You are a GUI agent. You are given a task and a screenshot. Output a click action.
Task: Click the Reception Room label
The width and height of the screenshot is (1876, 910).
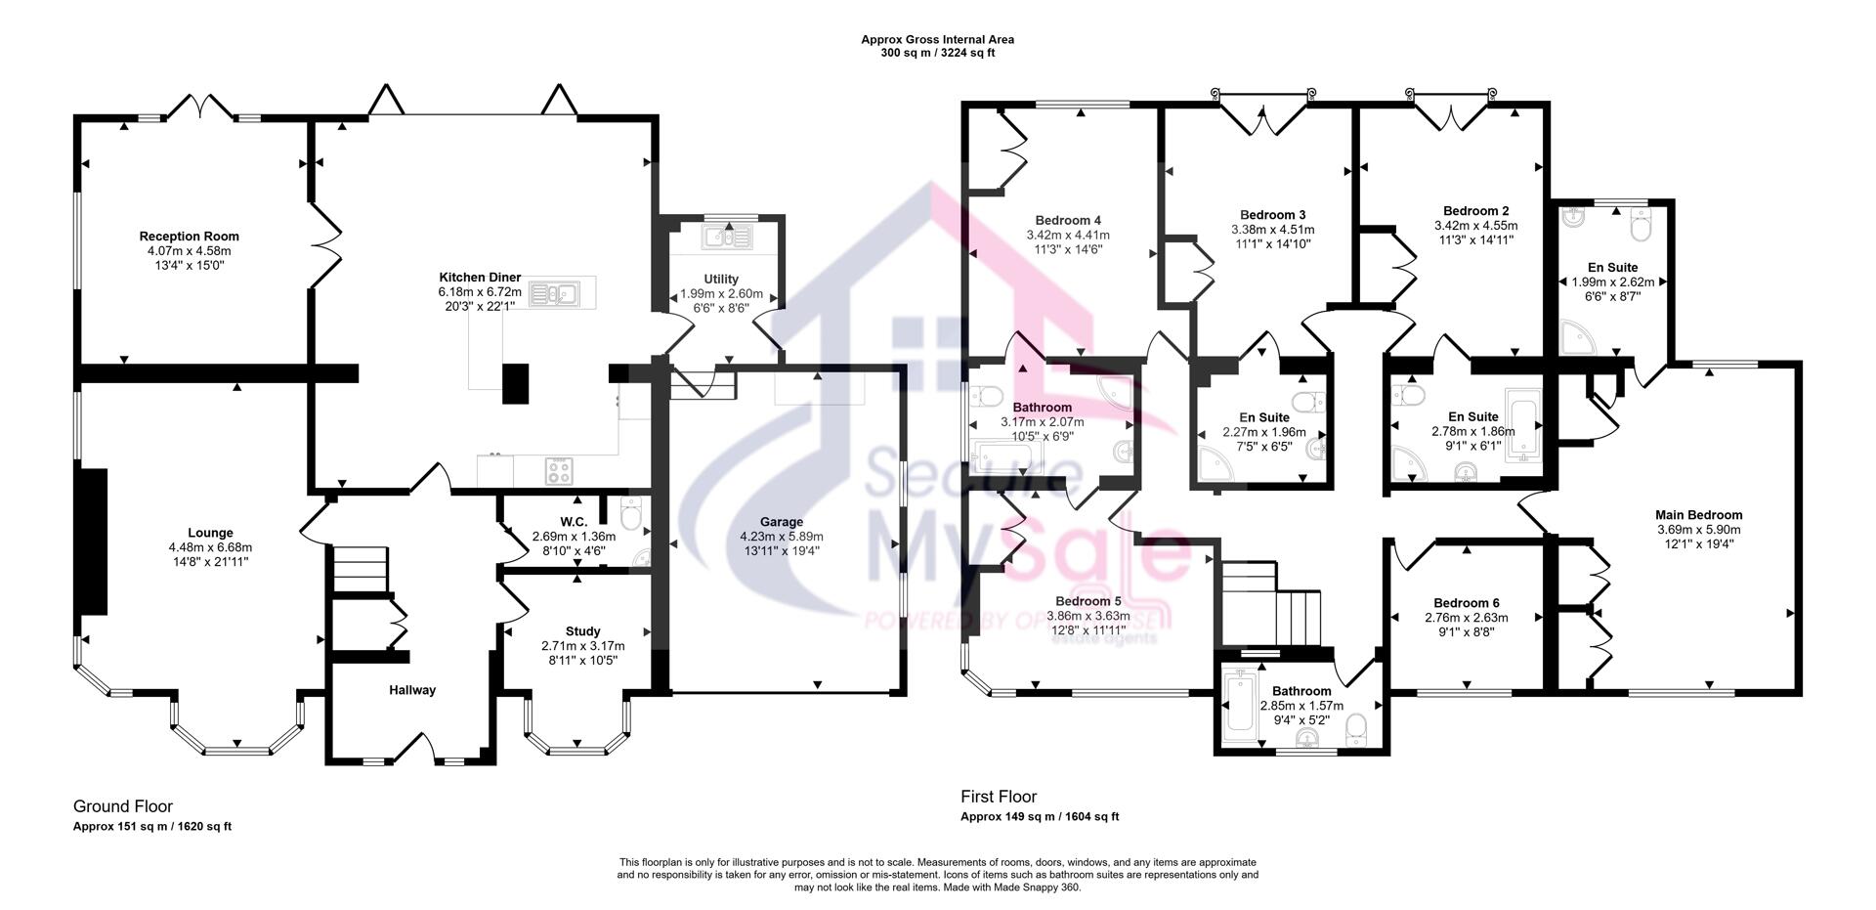[189, 237]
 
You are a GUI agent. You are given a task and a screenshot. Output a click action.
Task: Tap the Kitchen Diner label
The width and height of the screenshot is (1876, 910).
[480, 278]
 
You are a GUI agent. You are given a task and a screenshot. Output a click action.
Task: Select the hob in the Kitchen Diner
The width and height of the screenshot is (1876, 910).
[559, 471]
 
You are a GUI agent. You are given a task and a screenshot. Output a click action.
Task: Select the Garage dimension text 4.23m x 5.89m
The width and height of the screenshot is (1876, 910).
[782, 537]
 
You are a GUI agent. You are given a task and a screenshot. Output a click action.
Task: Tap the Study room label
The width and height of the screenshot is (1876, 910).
[582, 631]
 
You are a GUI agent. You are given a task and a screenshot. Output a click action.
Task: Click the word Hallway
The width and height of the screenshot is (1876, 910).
[412, 690]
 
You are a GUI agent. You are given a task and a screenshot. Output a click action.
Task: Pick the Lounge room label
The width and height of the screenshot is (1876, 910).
[210, 533]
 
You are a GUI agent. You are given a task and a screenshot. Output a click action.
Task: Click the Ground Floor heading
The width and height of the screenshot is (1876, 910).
[123, 806]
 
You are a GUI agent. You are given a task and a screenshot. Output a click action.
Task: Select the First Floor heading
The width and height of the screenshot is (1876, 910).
[999, 797]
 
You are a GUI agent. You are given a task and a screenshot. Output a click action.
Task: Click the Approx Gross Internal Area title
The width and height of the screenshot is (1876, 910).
[938, 40]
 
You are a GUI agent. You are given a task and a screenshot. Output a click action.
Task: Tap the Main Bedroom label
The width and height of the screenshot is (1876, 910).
[1698, 515]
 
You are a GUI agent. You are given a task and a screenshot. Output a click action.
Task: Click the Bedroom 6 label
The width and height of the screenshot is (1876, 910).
[1467, 603]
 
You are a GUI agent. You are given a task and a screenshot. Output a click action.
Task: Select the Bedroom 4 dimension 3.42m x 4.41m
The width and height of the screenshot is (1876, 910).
[1068, 236]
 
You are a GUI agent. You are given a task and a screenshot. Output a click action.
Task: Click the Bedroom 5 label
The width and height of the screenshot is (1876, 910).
[1088, 601]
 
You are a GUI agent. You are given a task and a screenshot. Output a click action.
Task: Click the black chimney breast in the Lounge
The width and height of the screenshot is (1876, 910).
[93, 541]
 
